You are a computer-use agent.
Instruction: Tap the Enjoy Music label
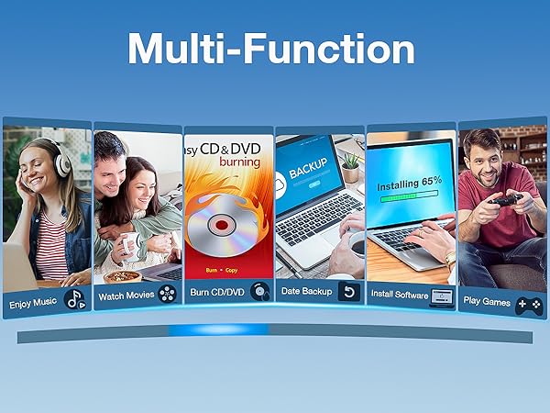pos(33,303)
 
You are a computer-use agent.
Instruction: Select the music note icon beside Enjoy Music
pos(75,300)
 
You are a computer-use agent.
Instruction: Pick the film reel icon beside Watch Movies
pos(167,294)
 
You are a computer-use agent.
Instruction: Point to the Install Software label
pos(399,295)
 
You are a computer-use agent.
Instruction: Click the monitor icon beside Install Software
pos(443,296)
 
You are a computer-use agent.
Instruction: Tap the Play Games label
pos(488,301)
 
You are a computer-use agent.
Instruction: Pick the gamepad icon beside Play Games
pos(529,303)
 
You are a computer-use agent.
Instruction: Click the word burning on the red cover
pos(242,161)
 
